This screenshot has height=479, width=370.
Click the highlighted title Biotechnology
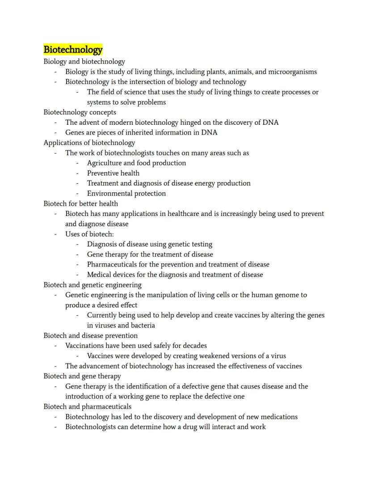(73, 50)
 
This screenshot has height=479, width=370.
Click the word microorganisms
(292, 72)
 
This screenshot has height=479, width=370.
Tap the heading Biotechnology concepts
(80, 112)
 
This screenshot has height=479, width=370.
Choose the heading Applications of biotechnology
(89, 143)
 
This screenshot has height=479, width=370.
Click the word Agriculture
(105, 163)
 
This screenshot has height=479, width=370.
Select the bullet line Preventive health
(113, 173)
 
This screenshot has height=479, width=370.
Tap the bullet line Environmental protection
(126, 194)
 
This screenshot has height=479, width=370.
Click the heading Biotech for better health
(80, 203)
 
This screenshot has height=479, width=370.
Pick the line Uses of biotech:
(89, 234)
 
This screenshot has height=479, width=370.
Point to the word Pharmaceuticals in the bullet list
(112, 264)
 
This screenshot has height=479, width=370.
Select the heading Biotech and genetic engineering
(92, 285)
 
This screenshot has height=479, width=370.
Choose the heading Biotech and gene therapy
(82, 376)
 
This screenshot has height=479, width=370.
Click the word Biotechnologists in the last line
(93, 427)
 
